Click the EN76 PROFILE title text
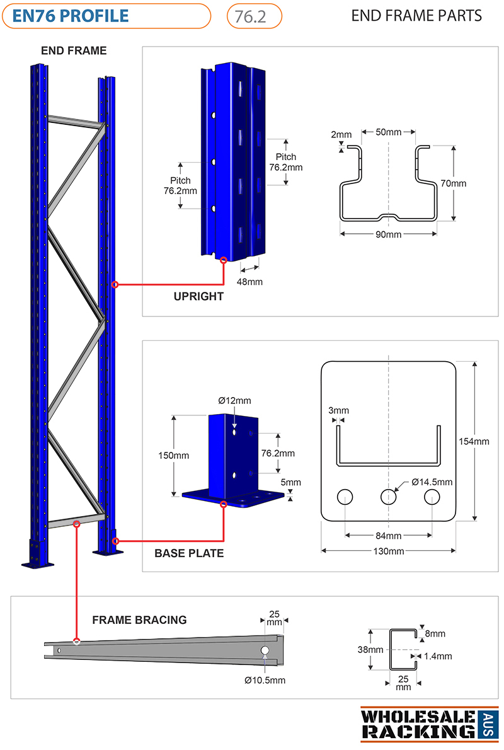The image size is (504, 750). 71,16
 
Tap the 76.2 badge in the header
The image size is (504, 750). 254,16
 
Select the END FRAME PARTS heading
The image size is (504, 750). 416,16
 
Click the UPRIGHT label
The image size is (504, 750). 198,297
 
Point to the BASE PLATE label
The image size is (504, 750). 189,553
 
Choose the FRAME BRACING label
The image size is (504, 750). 139,620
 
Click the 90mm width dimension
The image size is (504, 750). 388,234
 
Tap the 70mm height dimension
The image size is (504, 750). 454,183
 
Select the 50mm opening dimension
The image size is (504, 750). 388,132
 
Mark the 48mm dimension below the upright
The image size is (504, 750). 249,282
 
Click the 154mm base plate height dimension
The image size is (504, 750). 474,441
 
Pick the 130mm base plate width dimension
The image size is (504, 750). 388,551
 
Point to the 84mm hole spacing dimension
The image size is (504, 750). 388,536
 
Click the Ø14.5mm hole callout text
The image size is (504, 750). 432,482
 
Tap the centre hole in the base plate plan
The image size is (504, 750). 388,497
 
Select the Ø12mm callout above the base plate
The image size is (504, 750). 234,401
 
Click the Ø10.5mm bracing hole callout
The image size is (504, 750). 265,680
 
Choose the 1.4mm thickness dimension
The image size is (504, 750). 438,656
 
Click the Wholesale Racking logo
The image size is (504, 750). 429,724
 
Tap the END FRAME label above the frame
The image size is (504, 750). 74,50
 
